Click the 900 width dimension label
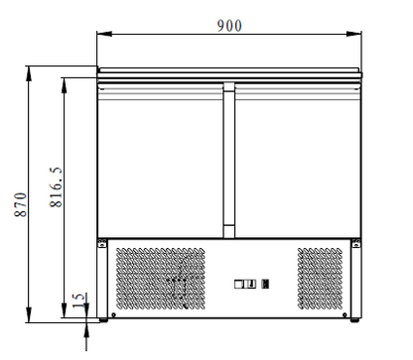pos(228,24)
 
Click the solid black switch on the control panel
pos(263,286)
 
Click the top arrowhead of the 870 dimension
pos(31,70)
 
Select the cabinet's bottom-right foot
pos(353,319)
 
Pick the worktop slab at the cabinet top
pos(228,71)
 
